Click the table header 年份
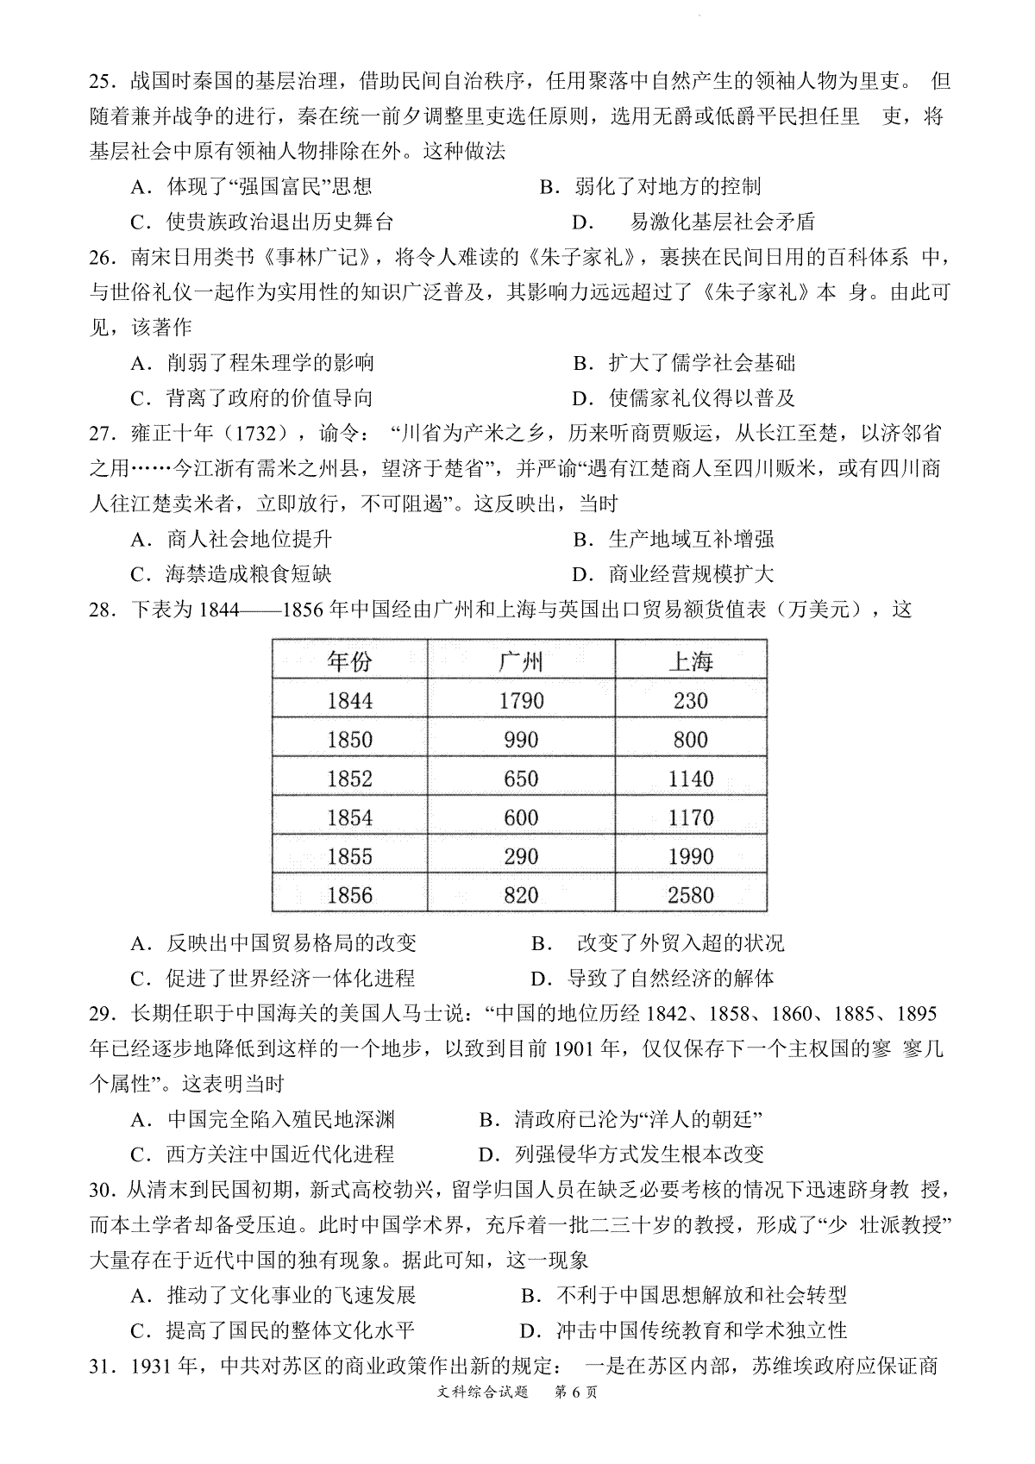point(349,661)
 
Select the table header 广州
point(520,661)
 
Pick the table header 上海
point(690,661)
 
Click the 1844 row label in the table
point(349,700)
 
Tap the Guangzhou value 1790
point(520,700)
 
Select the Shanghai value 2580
point(690,895)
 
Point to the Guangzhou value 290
point(520,856)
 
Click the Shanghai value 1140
point(690,779)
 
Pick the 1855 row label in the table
point(349,856)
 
